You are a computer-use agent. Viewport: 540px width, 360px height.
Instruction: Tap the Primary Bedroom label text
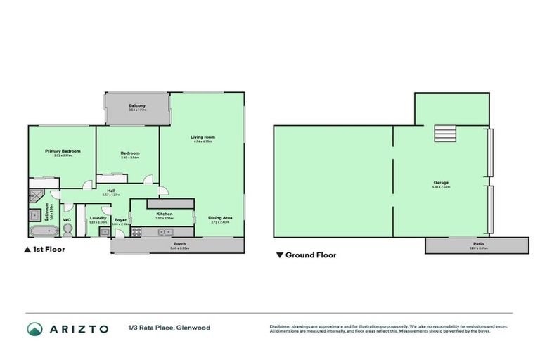63,151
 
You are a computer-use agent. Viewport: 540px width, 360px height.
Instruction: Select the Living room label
202,137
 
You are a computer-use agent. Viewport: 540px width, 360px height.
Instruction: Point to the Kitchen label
165,214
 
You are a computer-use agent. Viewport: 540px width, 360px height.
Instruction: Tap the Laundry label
98,218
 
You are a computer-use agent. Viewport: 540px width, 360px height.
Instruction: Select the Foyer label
120,219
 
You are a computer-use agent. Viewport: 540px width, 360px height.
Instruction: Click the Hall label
110,190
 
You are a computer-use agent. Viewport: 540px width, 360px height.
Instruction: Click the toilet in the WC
67,230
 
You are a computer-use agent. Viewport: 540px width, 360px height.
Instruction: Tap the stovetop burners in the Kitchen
139,230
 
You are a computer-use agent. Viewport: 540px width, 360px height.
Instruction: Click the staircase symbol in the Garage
444,133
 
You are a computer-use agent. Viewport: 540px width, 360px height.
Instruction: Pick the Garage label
441,183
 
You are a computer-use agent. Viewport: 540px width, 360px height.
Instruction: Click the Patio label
477,244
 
